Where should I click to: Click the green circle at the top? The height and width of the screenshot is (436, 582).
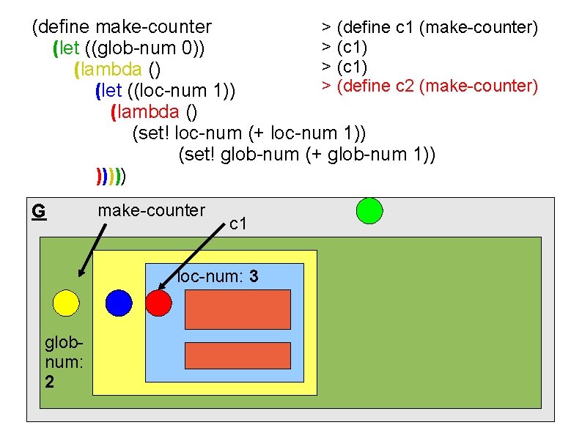click(369, 210)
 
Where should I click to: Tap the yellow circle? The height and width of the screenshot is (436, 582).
click(66, 303)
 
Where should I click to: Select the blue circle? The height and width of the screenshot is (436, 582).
click(119, 303)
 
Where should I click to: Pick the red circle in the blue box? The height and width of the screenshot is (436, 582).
click(158, 303)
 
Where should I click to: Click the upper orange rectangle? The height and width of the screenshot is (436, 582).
click(237, 309)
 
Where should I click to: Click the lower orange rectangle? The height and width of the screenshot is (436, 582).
click(237, 355)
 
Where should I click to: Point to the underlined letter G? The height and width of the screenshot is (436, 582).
click(39, 211)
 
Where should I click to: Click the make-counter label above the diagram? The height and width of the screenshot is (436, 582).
click(151, 211)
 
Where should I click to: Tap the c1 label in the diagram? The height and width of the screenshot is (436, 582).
click(237, 223)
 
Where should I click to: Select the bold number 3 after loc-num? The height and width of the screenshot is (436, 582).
click(253, 277)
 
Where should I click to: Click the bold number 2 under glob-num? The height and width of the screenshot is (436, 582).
click(49, 382)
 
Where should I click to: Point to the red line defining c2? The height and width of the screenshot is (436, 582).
click(430, 86)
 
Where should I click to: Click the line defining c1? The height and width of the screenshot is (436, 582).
click(430, 28)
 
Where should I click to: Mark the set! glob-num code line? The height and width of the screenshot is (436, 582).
click(307, 155)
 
